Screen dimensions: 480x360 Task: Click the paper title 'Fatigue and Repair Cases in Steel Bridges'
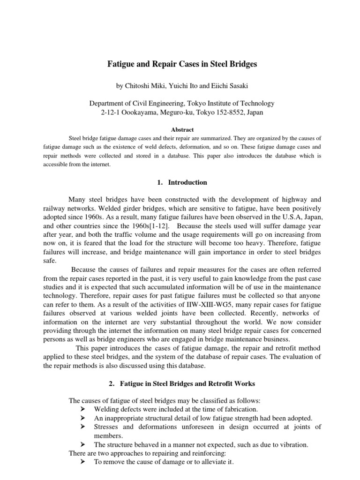pos(180,65)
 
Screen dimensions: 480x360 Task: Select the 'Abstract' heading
pos(180,130)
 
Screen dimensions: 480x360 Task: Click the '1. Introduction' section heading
pos(180,182)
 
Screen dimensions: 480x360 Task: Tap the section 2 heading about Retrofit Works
pos(180,384)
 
